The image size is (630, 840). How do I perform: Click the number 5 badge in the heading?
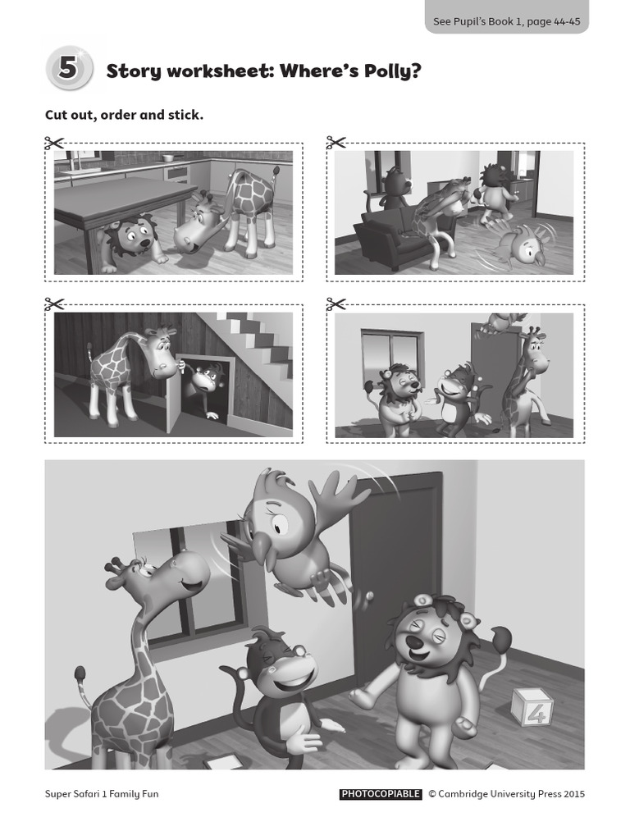(x=68, y=69)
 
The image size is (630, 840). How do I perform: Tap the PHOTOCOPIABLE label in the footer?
(x=380, y=794)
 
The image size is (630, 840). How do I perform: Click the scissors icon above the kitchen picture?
(x=56, y=144)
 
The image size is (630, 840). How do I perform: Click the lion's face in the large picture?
(x=427, y=636)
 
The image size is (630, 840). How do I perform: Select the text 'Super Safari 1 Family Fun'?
(x=102, y=794)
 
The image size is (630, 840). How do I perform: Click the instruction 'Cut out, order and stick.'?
(x=124, y=115)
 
